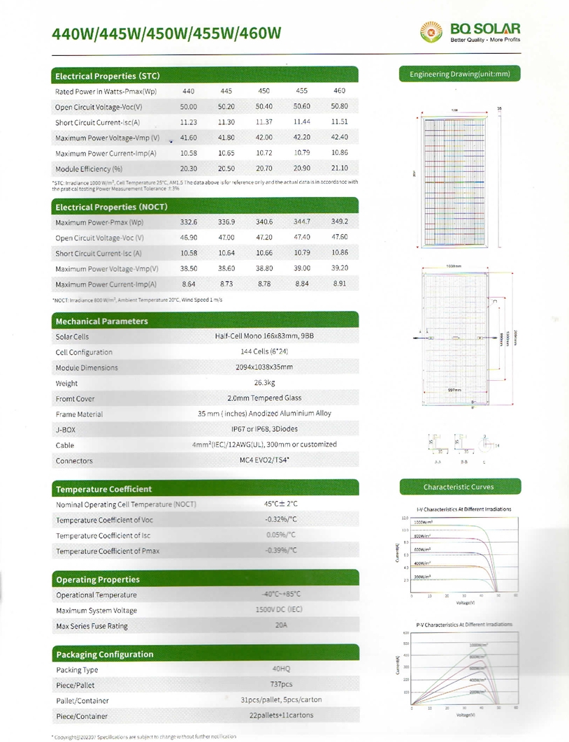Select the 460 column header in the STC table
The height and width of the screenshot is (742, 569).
pyautogui.click(x=340, y=92)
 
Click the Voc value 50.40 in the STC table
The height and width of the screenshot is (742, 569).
pyautogui.click(x=264, y=107)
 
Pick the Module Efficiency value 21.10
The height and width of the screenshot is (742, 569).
pyautogui.click(x=340, y=168)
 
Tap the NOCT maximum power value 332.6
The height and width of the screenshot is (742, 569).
pyautogui.click(x=189, y=222)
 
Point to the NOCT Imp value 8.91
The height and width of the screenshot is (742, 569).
pyautogui.click(x=340, y=284)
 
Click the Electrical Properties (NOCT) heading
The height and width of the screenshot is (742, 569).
pyautogui.click(x=111, y=207)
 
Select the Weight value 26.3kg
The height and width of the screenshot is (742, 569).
pyautogui.click(x=264, y=383)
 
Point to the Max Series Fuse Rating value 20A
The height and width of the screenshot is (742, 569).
pyautogui.click(x=281, y=625)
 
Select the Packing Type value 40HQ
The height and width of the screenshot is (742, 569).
pyautogui.click(x=281, y=669)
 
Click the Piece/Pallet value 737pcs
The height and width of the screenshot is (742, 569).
pyautogui.click(x=281, y=685)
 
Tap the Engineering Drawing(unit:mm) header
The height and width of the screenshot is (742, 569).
pyautogui.click(x=460, y=74)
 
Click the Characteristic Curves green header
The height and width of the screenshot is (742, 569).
pyautogui.click(x=459, y=487)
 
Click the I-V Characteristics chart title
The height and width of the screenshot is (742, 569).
pyautogui.click(x=463, y=509)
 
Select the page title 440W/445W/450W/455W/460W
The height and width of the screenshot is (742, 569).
pyautogui.click(x=167, y=34)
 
